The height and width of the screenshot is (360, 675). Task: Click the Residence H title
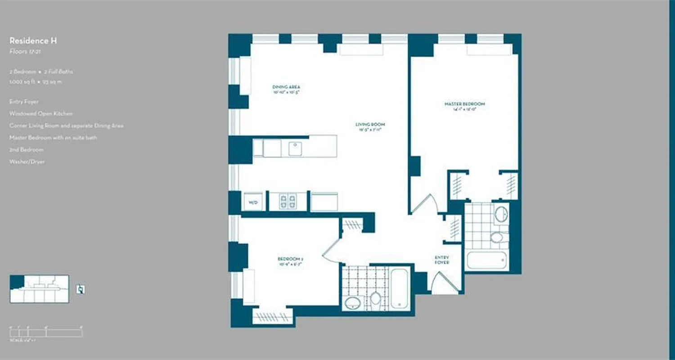click(x=33, y=41)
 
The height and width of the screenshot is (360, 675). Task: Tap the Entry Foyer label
click(x=441, y=260)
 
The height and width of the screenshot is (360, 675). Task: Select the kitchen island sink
click(x=296, y=148)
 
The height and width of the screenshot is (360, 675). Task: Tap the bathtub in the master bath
click(x=487, y=260)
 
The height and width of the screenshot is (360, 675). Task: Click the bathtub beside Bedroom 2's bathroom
click(x=400, y=288)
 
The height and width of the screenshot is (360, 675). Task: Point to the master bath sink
click(x=501, y=214)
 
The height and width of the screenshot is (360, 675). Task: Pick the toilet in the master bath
click(x=497, y=237)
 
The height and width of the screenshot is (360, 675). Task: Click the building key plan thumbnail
click(x=39, y=289)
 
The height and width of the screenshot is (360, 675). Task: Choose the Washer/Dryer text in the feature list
click(x=27, y=162)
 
